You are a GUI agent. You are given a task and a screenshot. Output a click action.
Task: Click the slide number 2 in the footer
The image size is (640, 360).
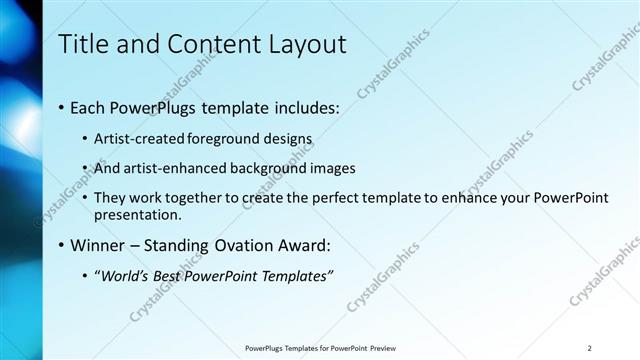click(x=590, y=348)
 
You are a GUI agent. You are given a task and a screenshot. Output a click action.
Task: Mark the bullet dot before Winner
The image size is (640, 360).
click(x=63, y=244)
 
